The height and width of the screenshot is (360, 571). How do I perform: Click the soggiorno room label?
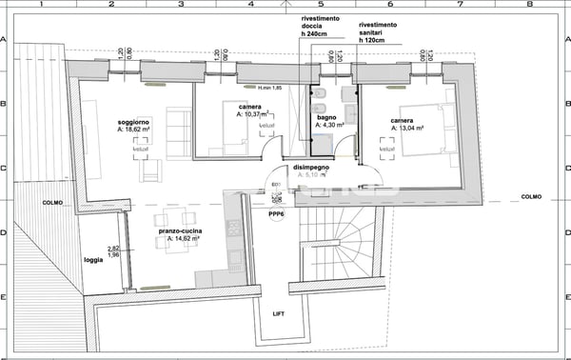click(134, 124)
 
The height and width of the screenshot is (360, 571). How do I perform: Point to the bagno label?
click(325, 116)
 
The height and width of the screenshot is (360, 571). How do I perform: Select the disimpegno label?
click(311, 167)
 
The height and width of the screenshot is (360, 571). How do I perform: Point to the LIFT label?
click(278, 313)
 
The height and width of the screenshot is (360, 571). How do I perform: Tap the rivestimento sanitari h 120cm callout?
click(378, 33)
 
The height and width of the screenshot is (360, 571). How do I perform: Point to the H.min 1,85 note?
click(270, 89)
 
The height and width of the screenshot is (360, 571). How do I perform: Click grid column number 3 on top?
click(181, 4)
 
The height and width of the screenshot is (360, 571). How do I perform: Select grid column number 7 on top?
click(461, 4)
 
